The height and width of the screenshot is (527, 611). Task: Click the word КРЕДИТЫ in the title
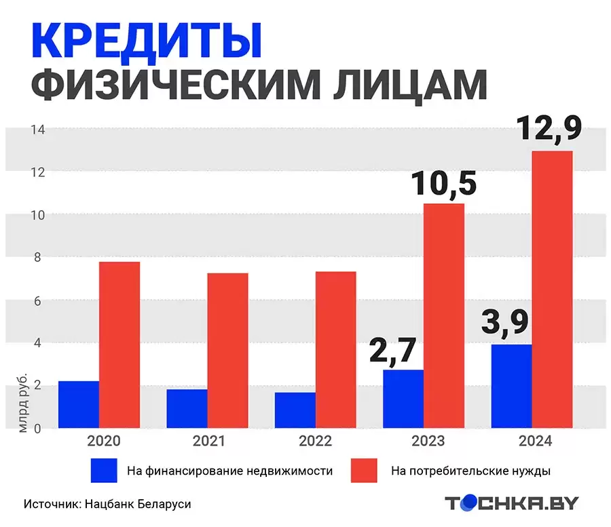[146, 42]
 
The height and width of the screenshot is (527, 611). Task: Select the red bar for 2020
[119, 345]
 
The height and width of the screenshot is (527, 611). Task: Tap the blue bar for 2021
[187, 408]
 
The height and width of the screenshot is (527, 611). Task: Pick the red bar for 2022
[336, 349]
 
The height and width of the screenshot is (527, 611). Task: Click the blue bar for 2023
[403, 399]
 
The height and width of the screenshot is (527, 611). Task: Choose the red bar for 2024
[552, 290]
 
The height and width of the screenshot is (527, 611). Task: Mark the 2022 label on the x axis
[314, 442]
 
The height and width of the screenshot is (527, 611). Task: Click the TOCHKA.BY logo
[512, 503]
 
